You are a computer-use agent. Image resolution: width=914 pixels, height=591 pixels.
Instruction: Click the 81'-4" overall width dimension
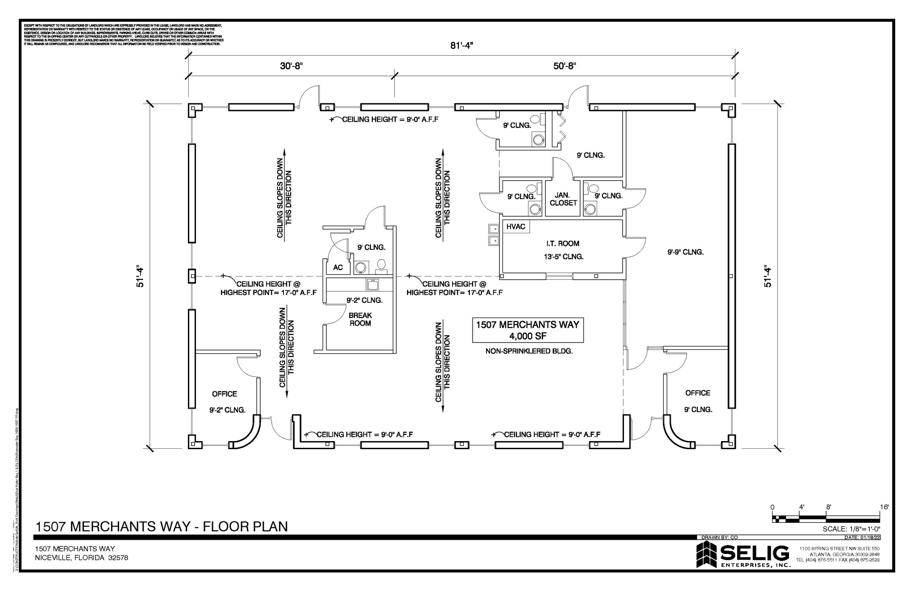461,45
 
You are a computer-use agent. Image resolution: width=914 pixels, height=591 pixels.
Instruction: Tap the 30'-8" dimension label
291,66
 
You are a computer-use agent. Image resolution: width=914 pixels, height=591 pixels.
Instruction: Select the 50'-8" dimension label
565,66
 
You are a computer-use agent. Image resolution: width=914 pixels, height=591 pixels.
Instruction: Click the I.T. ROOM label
562,244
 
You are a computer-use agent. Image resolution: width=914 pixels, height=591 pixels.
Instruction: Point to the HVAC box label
515,227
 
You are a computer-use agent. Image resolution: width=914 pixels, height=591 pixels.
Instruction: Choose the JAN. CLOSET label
563,199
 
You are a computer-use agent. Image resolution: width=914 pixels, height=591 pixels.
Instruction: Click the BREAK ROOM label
360,319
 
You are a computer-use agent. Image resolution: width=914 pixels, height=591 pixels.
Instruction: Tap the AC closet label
338,268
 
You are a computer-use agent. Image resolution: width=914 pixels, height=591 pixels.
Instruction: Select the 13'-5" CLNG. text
563,257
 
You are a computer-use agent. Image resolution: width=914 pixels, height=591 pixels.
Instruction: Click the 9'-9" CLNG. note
685,252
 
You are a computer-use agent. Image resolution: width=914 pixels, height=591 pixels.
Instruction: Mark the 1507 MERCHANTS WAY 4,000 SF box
528,330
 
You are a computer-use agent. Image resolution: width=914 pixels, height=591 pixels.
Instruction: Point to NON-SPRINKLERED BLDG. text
529,351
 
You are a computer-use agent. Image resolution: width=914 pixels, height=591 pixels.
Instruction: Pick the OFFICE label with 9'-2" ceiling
224,394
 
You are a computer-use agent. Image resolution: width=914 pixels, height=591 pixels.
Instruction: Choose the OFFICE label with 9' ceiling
698,393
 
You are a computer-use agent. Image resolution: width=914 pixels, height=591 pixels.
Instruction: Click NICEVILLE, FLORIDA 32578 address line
82,558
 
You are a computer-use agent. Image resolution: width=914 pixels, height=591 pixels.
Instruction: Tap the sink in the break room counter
372,284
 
